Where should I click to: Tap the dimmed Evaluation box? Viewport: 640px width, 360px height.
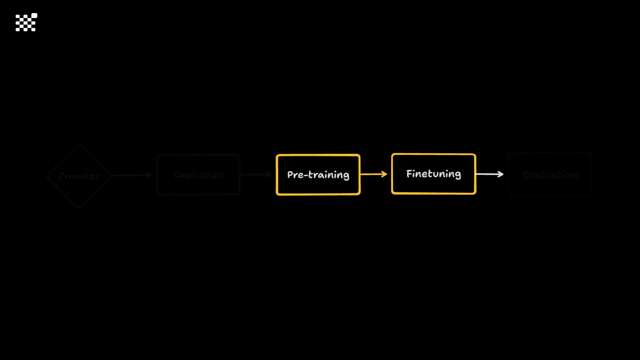(550, 187)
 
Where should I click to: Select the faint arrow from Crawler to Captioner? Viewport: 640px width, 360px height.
(131, 175)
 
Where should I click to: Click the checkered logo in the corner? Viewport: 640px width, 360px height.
(26, 22)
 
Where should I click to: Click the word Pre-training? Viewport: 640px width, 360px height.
(318, 175)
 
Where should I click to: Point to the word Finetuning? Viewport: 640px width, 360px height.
(433, 174)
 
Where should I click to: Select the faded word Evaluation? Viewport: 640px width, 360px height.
(550, 175)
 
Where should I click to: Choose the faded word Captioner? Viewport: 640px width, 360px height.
(198, 175)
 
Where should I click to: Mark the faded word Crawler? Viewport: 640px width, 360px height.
(79, 176)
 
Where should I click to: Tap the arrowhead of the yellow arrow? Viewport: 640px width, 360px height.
(384, 174)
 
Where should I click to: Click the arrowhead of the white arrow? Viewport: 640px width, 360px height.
(501, 174)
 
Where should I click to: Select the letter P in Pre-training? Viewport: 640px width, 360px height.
(290, 174)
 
